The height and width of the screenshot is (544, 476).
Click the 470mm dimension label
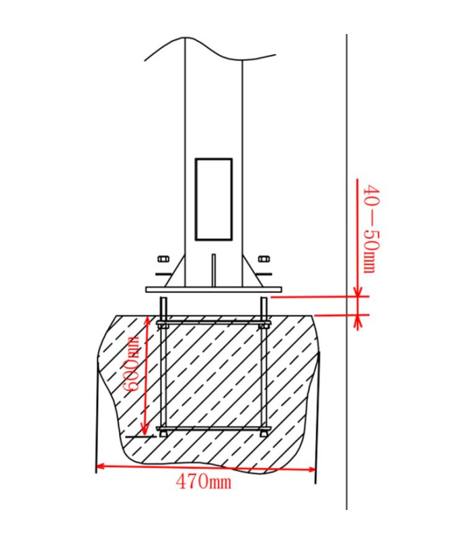[x=203, y=482]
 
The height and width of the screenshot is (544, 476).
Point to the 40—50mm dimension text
[x=371, y=229]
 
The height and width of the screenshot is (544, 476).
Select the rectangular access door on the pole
[x=214, y=199]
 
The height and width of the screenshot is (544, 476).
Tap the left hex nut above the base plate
[x=163, y=259]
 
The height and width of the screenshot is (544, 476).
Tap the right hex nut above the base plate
[x=264, y=259]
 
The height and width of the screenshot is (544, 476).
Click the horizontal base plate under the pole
[x=214, y=290]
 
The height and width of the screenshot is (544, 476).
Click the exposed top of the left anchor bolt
[x=163, y=306]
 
